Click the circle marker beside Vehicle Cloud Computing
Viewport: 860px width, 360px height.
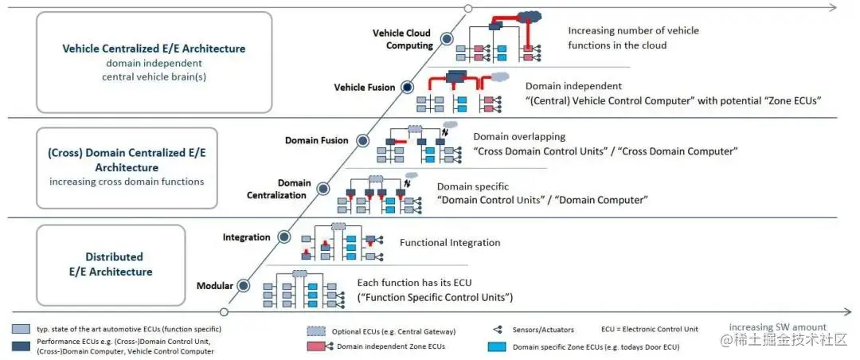pyautogui.click(x=447, y=38)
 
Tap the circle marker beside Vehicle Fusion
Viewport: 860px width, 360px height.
pyautogui.click(x=407, y=87)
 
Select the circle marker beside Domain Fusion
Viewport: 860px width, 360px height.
pyautogui.click(x=362, y=140)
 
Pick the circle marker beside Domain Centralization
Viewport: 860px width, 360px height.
pyautogui.click(x=323, y=189)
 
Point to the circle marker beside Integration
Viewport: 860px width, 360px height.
pyautogui.click(x=284, y=237)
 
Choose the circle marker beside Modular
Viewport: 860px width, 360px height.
pyautogui.click(x=244, y=285)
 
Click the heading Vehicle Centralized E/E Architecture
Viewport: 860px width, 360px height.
pyautogui.click(x=154, y=49)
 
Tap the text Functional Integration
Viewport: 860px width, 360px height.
pyautogui.click(x=450, y=243)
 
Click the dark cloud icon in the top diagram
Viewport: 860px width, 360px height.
pyautogui.click(x=530, y=17)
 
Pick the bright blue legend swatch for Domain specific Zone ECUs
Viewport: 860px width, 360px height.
pyautogui.click(x=496, y=346)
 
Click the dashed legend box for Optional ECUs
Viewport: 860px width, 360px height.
pyautogui.click(x=316, y=331)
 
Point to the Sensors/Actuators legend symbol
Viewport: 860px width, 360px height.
pyautogui.click(x=498, y=330)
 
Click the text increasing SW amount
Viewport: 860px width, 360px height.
pyautogui.click(x=778, y=327)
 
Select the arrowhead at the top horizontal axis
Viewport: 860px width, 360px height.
pyautogui.click(x=833, y=8)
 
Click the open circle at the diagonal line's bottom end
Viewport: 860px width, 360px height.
pyautogui.click(x=223, y=312)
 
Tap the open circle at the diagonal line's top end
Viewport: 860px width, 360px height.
pyautogui.click(x=468, y=8)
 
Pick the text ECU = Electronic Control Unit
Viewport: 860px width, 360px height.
pyautogui.click(x=650, y=329)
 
